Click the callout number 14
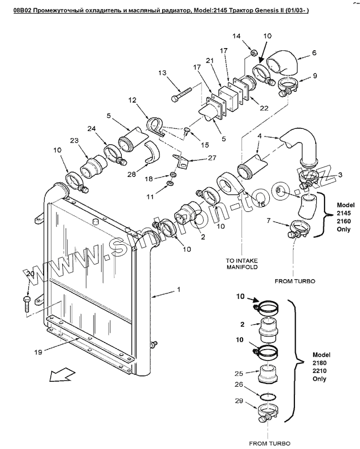(237, 36)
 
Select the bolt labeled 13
(180, 94)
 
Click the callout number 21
(210, 61)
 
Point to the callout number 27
(212, 158)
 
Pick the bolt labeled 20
(27, 304)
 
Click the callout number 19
(38, 352)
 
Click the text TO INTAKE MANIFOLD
(241, 264)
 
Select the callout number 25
(239, 374)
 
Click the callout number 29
(239, 401)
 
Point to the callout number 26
(239, 385)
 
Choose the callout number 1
(179, 290)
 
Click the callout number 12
(132, 100)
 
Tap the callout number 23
(74, 140)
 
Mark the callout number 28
(132, 174)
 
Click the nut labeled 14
(253, 53)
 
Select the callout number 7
(268, 221)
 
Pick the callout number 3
(340, 174)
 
